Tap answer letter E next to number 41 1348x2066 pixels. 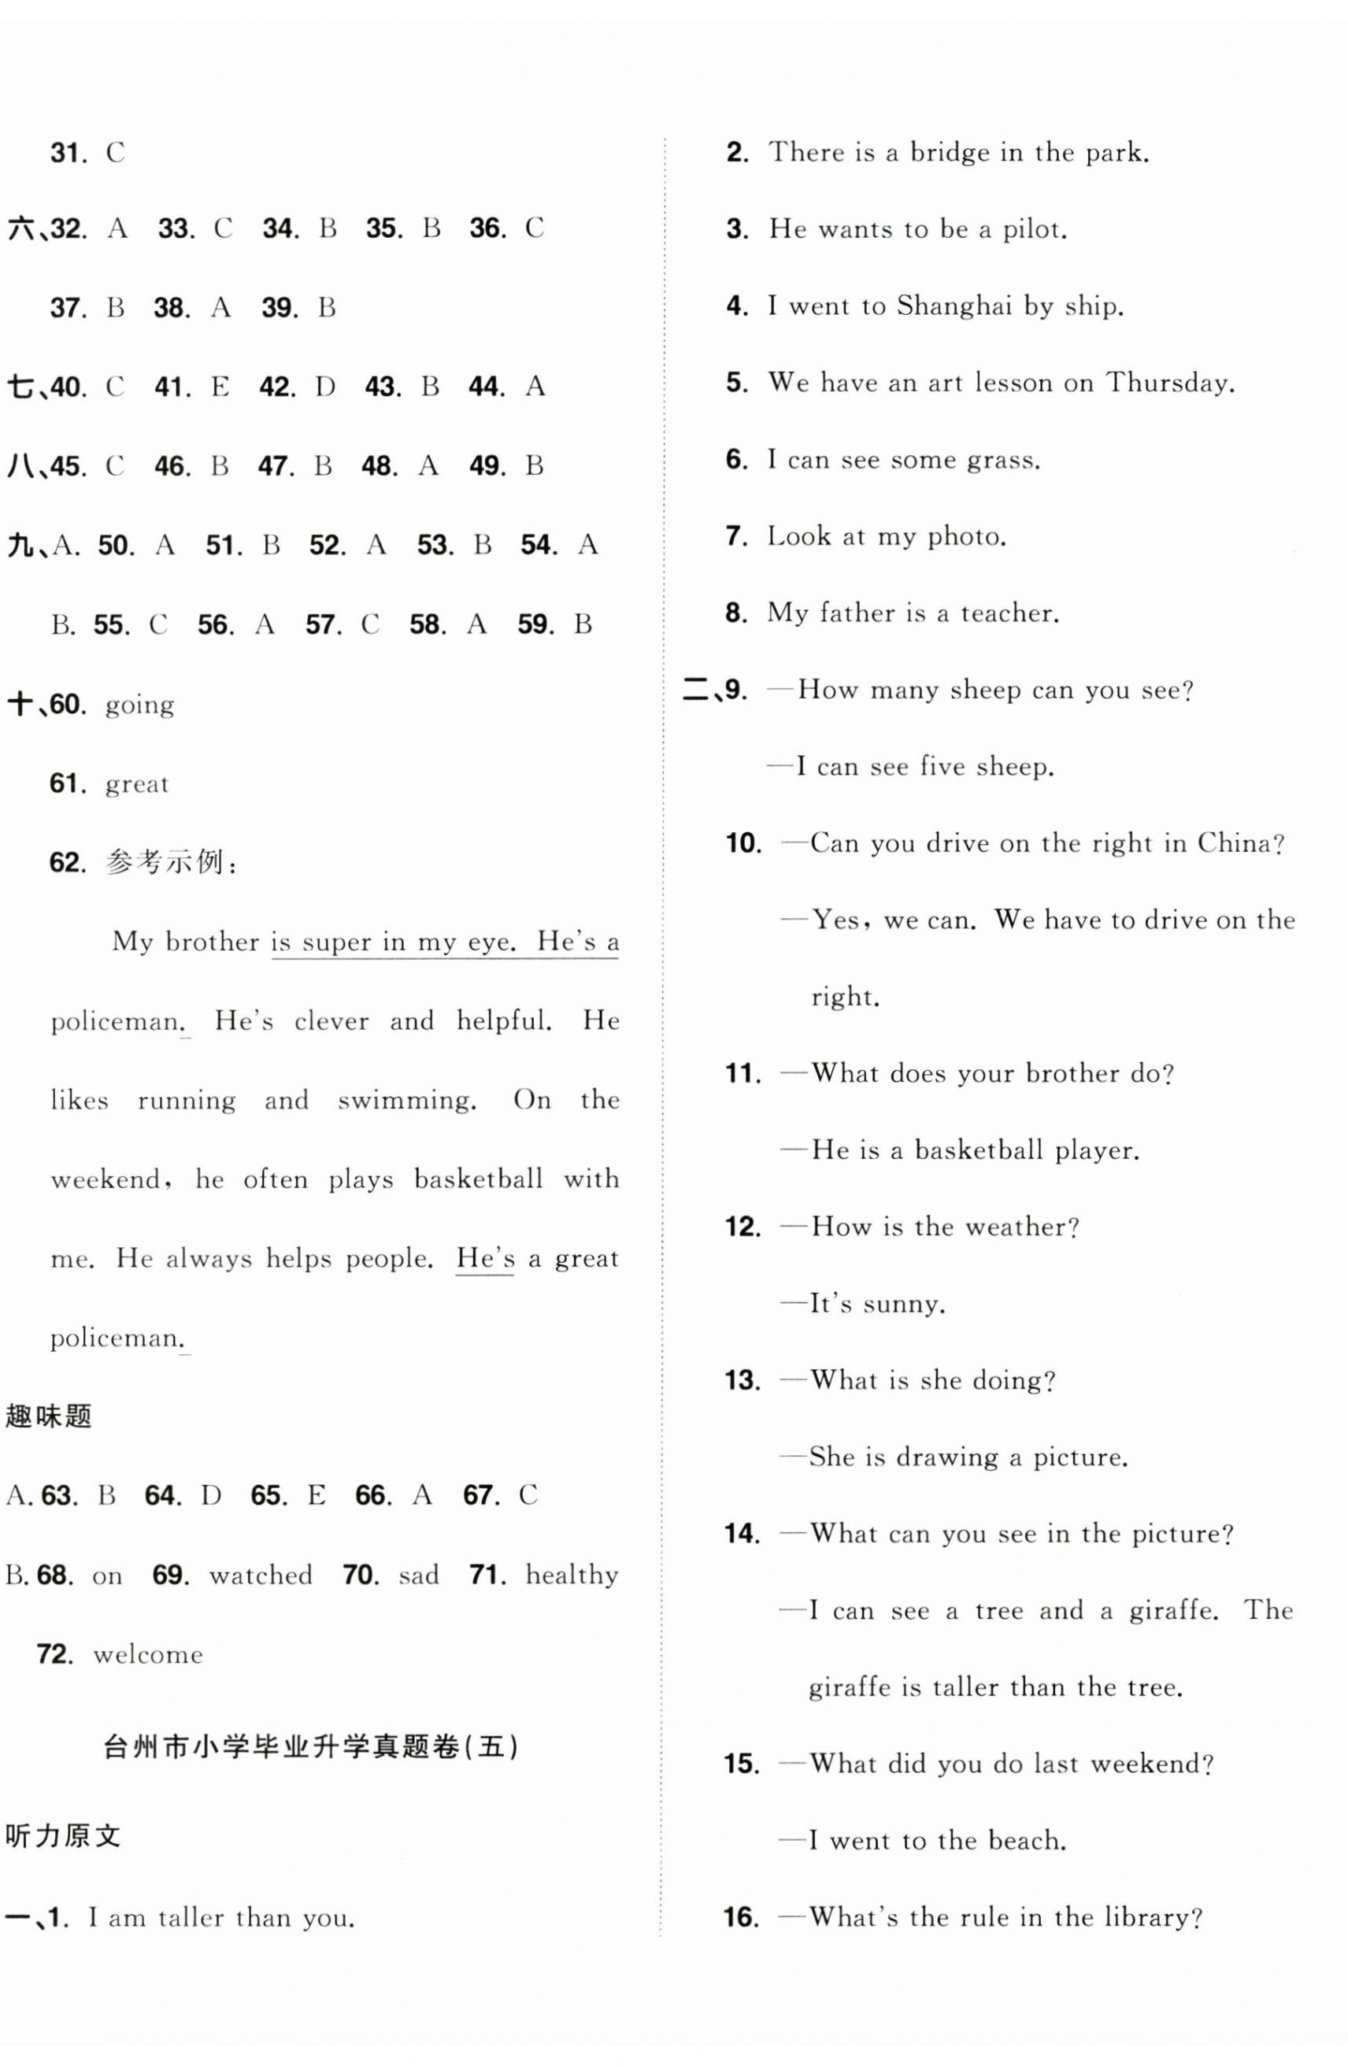[220, 387]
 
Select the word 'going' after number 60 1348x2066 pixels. [139, 705]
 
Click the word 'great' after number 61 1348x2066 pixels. [136, 785]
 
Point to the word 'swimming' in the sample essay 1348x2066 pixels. [406, 1101]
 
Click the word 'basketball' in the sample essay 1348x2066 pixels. [477, 1179]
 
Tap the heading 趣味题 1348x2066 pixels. [49, 1416]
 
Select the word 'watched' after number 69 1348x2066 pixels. [261, 1575]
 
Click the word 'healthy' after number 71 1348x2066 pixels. [571, 1575]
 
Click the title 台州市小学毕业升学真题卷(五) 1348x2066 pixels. [310, 1746]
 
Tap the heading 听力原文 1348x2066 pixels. [62, 1836]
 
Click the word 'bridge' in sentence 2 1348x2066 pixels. [949, 154]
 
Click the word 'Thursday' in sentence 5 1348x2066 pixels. [1168, 383]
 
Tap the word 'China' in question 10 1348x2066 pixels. [1239, 843]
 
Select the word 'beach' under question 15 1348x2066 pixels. [1029, 1840]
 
